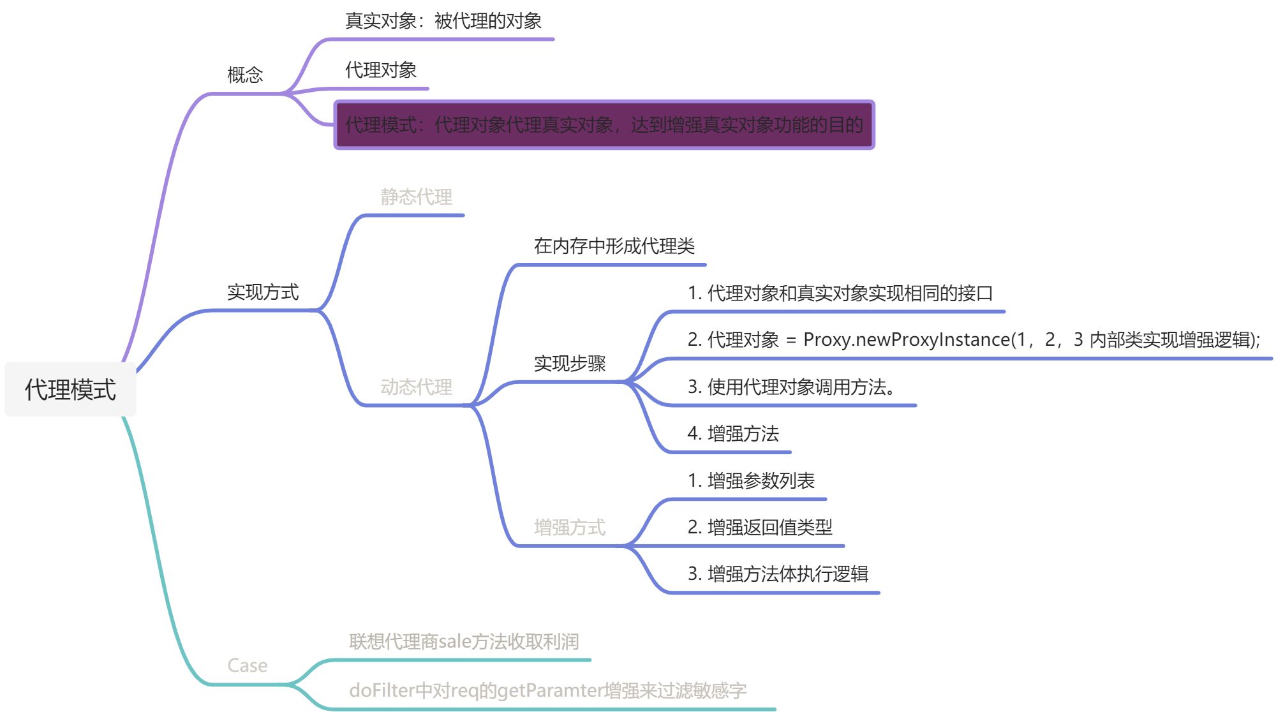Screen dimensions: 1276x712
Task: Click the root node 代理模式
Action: (x=70, y=389)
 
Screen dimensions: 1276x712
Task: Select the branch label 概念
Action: (x=245, y=75)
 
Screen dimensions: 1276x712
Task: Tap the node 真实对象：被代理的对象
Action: (x=443, y=21)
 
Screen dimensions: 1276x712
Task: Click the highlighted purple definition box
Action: (x=604, y=124)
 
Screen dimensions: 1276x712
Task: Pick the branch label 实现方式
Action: (x=262, y=292)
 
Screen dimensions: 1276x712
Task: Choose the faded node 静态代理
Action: (x=416, y=197)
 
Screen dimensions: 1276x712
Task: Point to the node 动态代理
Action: (x=416, y=387)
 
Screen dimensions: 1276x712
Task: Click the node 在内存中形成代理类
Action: (x=614, y=246)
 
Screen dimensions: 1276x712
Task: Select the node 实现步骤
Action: (x=569, y=363)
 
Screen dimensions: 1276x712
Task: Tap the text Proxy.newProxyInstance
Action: (x=906, y=339)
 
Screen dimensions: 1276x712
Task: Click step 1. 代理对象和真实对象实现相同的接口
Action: (x=840, y=293)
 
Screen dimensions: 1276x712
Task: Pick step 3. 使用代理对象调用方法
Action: (x=791, y=387)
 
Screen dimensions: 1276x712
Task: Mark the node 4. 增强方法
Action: (x=733, y=434)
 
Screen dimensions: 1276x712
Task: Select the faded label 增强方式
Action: (x=569, y=527)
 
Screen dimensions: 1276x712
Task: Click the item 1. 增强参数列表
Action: (x=751, y=480)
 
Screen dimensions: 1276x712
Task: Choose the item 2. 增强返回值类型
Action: (x=760, y=527)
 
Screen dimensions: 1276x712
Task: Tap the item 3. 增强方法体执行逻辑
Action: (x=778, y=574)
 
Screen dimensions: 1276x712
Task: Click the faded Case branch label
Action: (x=247, y=665)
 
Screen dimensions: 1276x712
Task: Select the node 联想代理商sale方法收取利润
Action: (x=464, y=641)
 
